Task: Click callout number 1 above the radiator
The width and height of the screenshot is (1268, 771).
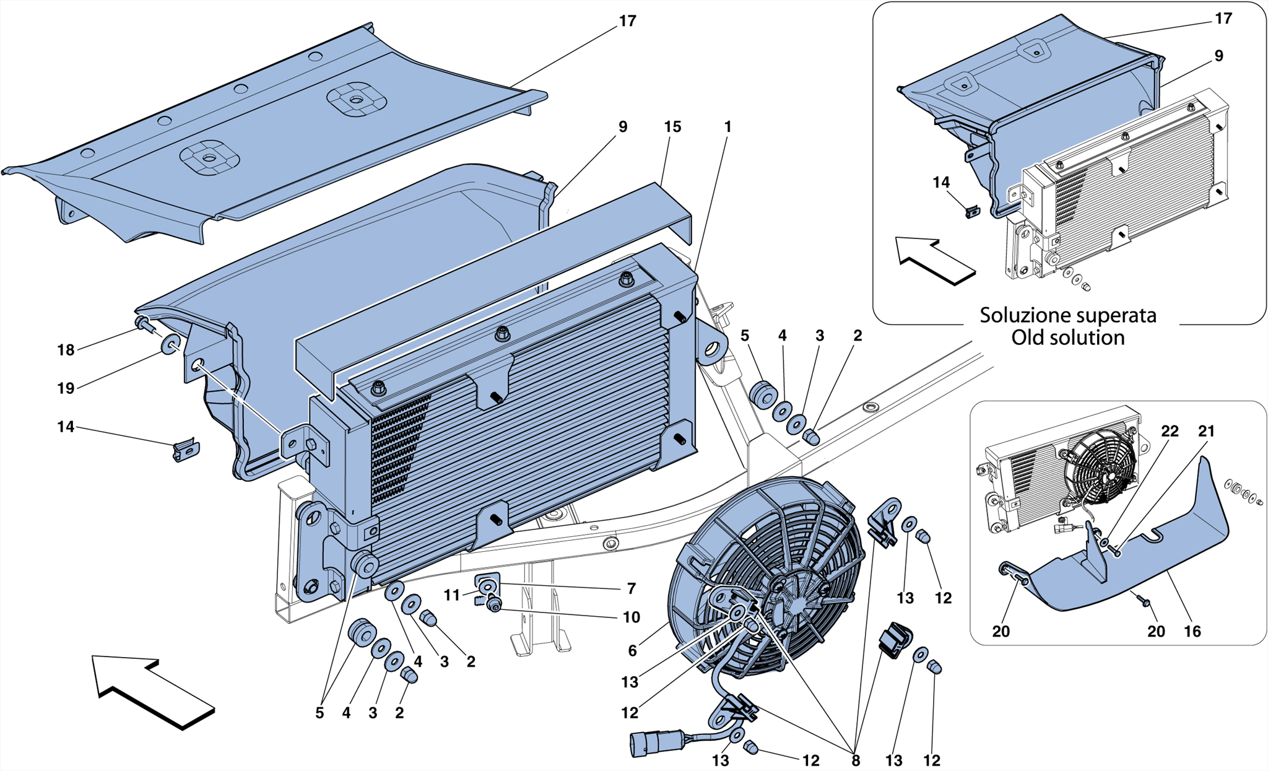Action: coord(727,127)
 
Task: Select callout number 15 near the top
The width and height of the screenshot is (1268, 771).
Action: coord(672,127)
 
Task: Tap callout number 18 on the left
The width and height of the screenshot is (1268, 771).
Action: coord(66,351)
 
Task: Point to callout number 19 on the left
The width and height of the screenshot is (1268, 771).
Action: coord(66,389)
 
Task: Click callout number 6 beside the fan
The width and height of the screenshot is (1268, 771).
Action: coord(632,651)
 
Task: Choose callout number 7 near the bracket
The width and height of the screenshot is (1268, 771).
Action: coord(632,589)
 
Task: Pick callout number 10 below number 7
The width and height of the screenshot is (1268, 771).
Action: coord(632,617)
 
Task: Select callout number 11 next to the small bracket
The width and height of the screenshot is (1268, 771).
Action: coord(452,596)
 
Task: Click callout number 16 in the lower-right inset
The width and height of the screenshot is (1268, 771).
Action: coord(1192,632)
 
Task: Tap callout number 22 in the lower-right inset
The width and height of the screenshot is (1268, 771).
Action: coord(1170,432)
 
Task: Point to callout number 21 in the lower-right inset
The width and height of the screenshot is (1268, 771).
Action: coord(1206,432)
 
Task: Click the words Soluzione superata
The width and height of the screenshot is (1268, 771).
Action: coord(1067,315)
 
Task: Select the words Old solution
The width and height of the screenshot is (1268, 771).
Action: coord(1067,338)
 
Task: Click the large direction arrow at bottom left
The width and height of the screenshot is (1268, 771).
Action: coord(152,690)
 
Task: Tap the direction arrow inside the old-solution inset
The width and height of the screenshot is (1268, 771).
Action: coord(935,260)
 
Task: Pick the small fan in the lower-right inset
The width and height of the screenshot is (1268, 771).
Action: coord(1100,477)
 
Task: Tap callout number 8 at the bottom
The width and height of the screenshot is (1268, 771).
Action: coord(856,761)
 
